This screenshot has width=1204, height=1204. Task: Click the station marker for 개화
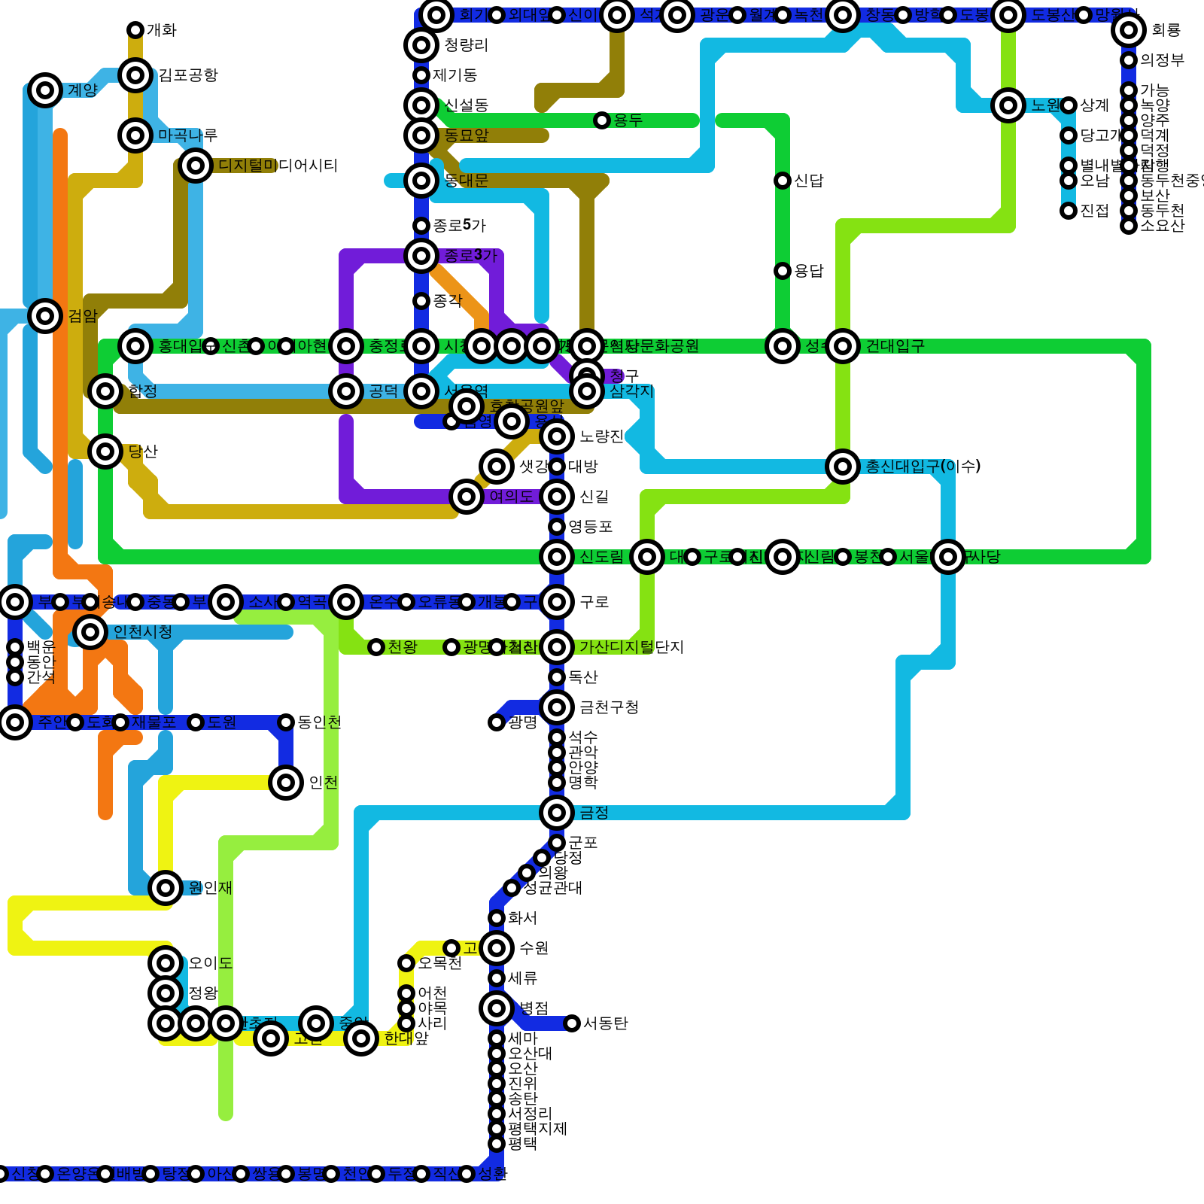(135, 30)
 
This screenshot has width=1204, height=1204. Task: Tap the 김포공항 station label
(187, 75)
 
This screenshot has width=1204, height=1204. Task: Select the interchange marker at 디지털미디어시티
(196, 166)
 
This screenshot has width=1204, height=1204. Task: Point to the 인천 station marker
(286, 783)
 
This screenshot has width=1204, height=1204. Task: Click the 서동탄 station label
(605, 1023)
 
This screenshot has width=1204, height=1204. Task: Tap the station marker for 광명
(497, 722)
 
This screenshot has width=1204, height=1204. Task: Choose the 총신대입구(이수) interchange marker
(843, 467)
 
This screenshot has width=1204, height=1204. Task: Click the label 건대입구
(895, 346)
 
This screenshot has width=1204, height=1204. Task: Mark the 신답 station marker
(783, 181)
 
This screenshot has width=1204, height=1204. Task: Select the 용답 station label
(809, 271)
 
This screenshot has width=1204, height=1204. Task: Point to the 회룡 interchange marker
(1129, 30)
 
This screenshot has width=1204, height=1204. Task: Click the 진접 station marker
(1069, 211)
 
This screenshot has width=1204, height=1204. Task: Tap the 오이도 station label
(210, 963)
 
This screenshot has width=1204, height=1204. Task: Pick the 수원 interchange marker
(497, 948)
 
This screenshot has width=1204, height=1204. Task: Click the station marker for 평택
(497, 1144)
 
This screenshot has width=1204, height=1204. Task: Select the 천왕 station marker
(376, 647)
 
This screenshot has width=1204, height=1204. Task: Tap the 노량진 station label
(601, 436)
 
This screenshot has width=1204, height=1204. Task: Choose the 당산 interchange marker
(105, 451)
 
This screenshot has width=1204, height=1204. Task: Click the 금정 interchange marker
(557, 813)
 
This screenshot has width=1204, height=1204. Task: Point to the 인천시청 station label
(142, 632)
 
